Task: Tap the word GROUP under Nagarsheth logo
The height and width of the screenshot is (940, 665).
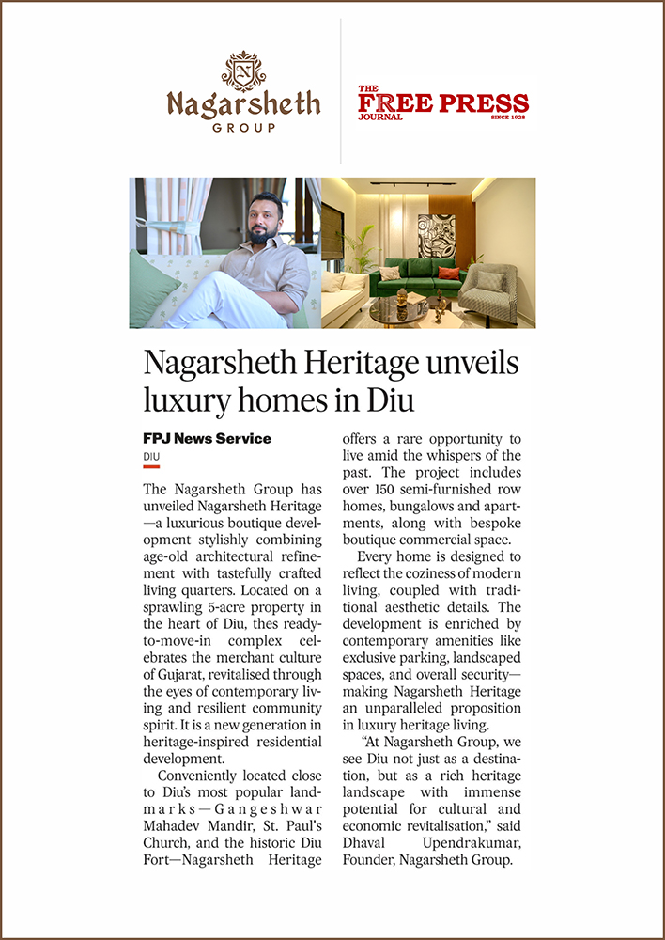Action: (x=244, y=127)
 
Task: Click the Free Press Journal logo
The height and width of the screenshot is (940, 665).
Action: (x=442, y=103)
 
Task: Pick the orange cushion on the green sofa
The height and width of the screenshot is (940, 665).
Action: (x=449, y=274)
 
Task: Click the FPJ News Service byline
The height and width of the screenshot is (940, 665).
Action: (x=207, y=439)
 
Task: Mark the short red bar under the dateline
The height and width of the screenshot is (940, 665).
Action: (x=151, y=466)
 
